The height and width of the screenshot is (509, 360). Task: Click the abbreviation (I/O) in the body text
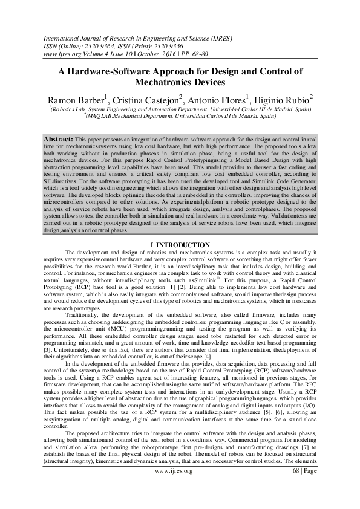(308, 412)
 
